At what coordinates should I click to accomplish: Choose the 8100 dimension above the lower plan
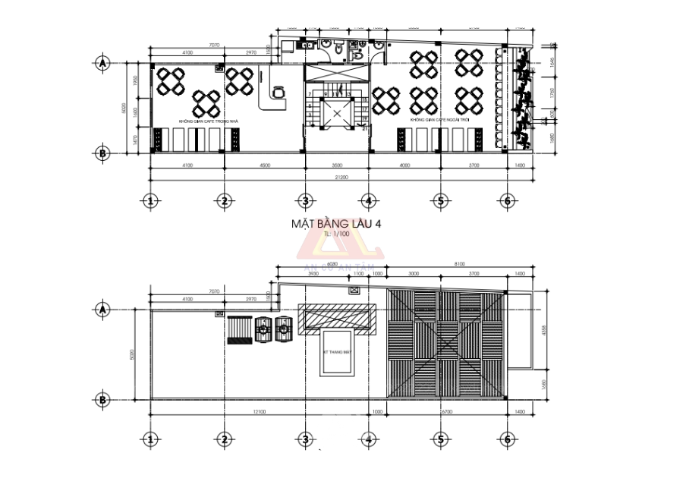pyautogui.click(x=460, y=264)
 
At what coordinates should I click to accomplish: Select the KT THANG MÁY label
pyautogui.click(x=335, y=351)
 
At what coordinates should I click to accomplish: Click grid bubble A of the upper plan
pyautogui.click(x=102, y=63)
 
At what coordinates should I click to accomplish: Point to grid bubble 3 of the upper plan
pyautogui.click(x=306, y=200)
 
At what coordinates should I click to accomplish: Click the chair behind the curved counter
pyautogui.click(x=279, y=91)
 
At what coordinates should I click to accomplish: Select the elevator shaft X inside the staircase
pyautogui.click(x=335, y=113)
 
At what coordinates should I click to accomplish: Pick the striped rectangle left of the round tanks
pyautogui.click(x=239, y=330)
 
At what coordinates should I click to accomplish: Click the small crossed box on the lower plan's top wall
pyautogui.click(x=353, y=290)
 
